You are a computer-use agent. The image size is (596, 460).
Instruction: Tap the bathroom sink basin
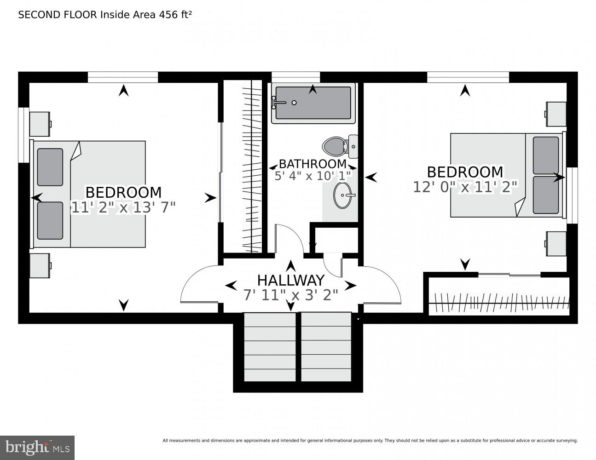coord(344,195)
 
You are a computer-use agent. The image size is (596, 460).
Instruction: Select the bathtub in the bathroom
coord(313,103)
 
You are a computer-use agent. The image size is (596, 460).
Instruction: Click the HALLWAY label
coord(290,280)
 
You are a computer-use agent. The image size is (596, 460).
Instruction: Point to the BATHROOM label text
coord(312,164)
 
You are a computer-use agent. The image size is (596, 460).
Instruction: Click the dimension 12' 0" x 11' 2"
coord(465,187)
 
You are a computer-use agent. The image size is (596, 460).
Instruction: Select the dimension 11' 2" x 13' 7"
coord(123,207)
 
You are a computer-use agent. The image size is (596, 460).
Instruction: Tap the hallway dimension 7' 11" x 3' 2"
coord(290,295)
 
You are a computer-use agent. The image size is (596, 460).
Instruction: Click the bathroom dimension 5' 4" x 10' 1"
coord(312,176)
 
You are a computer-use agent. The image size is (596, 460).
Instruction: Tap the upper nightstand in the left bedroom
coord(40,124)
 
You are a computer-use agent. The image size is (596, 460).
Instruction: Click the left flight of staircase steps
coord(270,347)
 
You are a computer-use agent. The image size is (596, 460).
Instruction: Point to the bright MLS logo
coord(37,448)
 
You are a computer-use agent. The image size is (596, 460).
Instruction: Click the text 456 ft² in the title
coord(175,15)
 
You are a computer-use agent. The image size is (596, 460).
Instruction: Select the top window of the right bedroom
coord(468,77)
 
